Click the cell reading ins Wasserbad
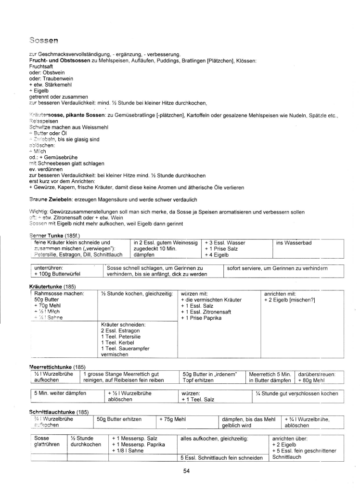pyautogui.click(x=294, y=243)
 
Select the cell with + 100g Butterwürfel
pyautogui.click(x=57, y=274)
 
